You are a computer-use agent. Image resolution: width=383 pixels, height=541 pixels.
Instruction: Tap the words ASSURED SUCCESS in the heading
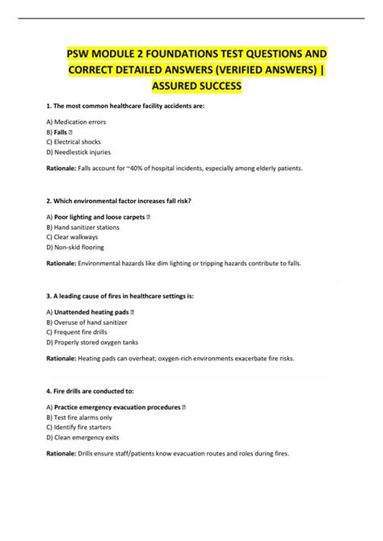click(191, 85)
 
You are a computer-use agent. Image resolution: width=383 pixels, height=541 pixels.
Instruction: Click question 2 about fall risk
click(122, 200)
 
